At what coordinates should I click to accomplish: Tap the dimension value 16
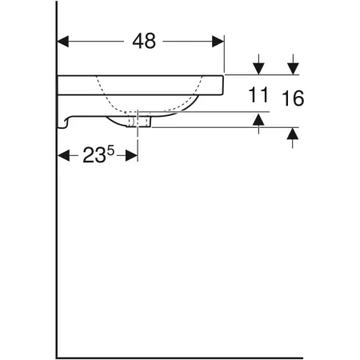click(294, 98)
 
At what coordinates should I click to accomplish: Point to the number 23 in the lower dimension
click(94, 157)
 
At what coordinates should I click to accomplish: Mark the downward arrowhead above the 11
click(258, 67)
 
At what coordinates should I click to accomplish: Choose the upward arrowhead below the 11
click(258, 119)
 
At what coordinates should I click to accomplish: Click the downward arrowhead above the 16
click(294, 67)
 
